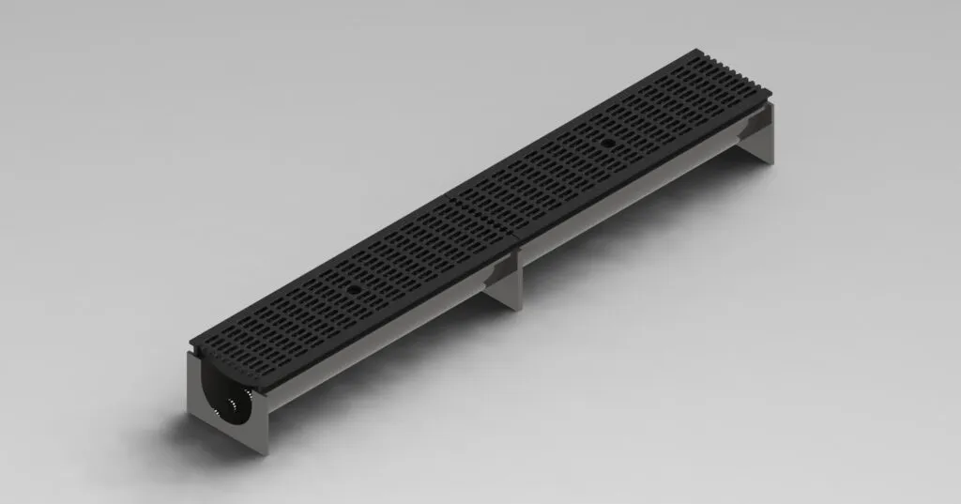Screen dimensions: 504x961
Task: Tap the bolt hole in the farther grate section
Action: [x=608, y=143]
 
